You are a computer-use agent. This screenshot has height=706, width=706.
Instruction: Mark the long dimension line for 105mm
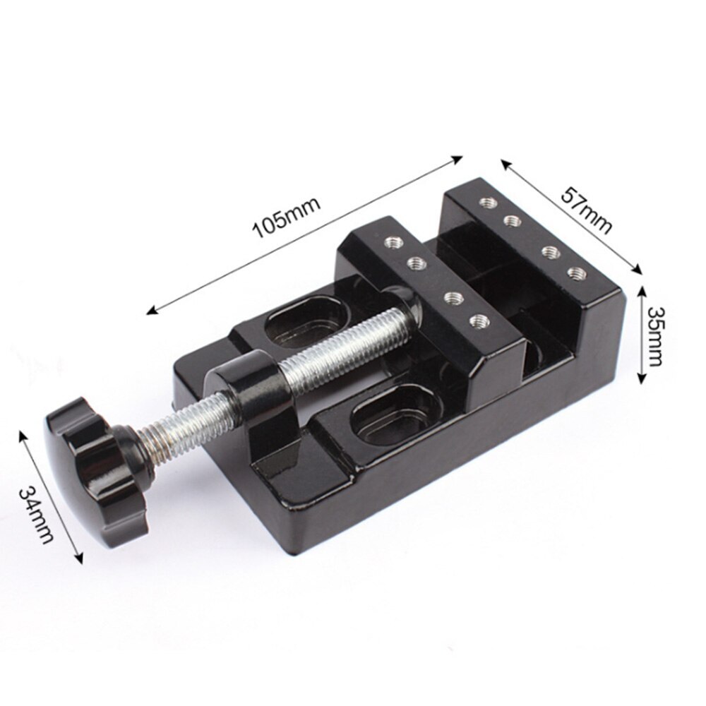point(304,234)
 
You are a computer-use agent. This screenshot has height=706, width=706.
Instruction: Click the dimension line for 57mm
point(572,215)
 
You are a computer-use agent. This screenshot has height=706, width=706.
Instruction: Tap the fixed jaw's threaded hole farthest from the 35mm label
point(484,203)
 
